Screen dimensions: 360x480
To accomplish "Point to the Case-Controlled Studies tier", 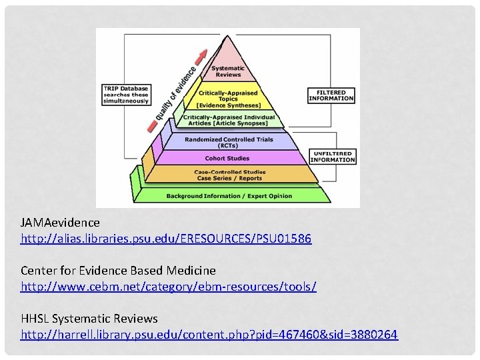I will pos(229,175).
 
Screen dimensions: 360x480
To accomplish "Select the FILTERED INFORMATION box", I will pos(331,95).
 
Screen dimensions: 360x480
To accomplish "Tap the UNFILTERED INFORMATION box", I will pos(332,157).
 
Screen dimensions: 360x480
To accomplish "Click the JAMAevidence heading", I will pos(60,222).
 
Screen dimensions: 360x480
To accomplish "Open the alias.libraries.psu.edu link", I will pos(165,238).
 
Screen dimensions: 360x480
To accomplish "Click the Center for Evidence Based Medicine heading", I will pos(118,270).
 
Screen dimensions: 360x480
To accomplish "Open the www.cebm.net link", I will pos(168,286).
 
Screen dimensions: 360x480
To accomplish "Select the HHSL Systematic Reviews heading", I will pos(89,319).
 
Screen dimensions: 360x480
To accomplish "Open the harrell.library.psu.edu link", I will pos(209,335).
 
